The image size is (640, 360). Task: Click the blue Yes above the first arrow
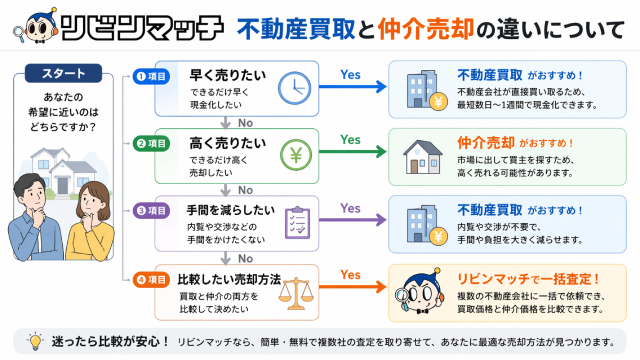[351, 74]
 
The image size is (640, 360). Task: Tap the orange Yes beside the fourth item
[351, 274]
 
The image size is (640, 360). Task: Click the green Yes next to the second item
[351, 140]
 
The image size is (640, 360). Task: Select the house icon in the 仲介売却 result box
[422, 154]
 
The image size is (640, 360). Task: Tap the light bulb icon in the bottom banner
[35, 342]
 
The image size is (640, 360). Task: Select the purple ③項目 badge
[153, 211]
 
